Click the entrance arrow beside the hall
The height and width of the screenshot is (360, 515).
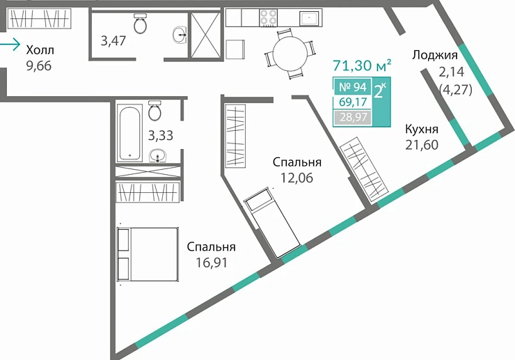coord(10,46)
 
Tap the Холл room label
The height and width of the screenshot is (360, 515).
coord(39,50)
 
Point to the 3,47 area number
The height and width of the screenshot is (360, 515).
coord(113,40)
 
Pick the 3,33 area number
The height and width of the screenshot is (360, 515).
coord(161,135)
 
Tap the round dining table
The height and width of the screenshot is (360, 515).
coord(287,52)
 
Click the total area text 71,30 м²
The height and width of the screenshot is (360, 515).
coord(361,66)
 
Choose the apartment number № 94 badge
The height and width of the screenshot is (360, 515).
coord(352,87)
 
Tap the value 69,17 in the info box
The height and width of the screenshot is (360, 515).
coord(352,102)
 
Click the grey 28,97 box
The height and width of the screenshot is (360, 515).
coord(352,117)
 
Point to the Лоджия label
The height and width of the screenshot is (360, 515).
coord(434,56)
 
